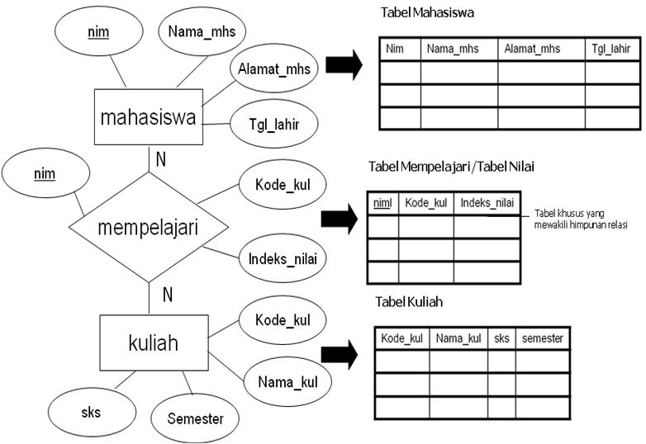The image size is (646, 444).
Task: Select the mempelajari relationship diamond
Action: [x=148, y=228]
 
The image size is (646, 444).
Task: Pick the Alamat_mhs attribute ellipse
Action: [x=273, y=69]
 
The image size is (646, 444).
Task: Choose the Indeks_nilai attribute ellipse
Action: [x=282, y=258]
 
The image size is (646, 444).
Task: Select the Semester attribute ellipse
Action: [x=195, y=418]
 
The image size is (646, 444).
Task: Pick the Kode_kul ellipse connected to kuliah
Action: [x=282, y=319]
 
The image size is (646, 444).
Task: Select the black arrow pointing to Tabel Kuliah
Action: [x=339, y=355]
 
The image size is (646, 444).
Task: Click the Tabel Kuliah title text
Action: [x=409, y=302]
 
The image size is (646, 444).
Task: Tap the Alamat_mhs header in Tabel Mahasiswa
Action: [x=532, y=50]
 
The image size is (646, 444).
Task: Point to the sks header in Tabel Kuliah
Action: [x=501, y=338]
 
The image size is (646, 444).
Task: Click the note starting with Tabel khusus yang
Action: [x=582, y=218]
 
